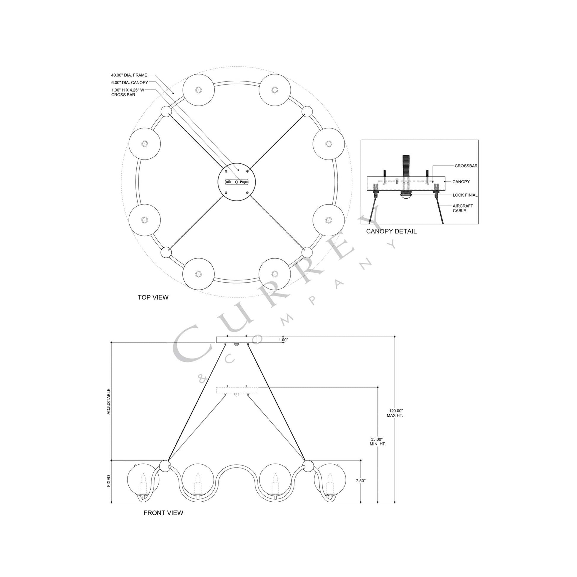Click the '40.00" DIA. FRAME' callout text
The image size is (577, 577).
pyautogui.click(x=129, y=75)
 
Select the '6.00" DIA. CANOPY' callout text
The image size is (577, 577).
pyautogui.click(x=130, y=82)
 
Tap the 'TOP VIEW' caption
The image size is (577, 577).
pyautogui.click(x=153, y=297)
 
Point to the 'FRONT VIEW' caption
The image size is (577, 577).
pyautogui.click(x=163, y=513)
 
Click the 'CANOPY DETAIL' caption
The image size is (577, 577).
pyautogui.click(x=391, y=231)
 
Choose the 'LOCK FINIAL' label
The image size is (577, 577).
pyautogui.click(x=465, y=195)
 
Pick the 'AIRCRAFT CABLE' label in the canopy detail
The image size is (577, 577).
pyautogui.click(x=463, y=208)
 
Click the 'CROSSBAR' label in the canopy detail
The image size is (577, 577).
pyautogui.click(x=466, y=166)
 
